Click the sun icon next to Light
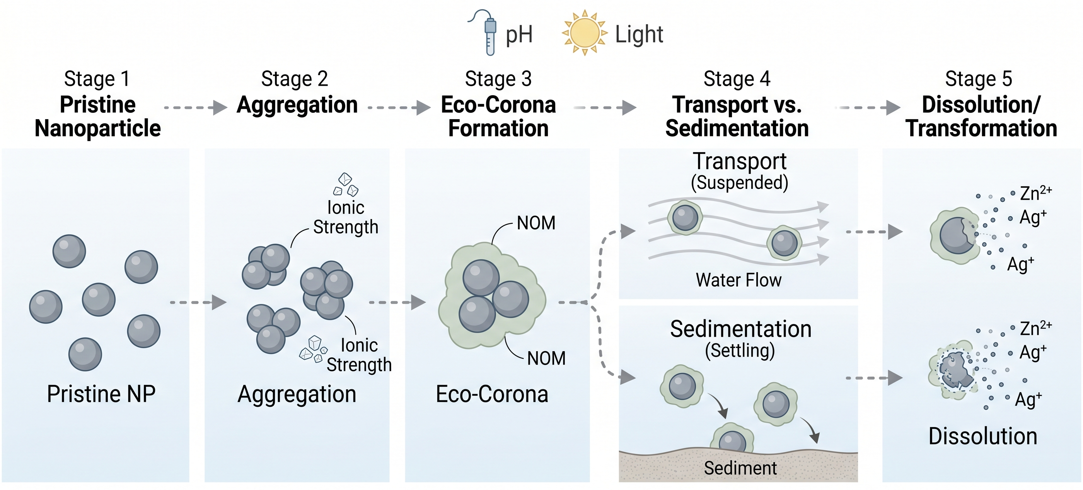coord(584,33)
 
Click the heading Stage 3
coord(498,79)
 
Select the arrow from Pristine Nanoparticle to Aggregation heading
coord(196,108)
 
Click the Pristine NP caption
coord(101,394)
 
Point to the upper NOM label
coord(536,223)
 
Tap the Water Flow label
coord(738,280)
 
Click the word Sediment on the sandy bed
coord(740,468)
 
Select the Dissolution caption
coord(983,436)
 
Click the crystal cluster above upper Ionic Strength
coord(346,184)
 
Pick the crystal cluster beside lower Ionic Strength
coord(313,349)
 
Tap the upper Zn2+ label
coord(1035,193)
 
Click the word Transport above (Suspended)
coord(739,161)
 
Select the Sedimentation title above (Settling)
coord(740,329)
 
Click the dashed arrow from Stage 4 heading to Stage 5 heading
coord(868,108)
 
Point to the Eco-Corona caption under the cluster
coord(492,394)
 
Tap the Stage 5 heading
coord(978,79)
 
